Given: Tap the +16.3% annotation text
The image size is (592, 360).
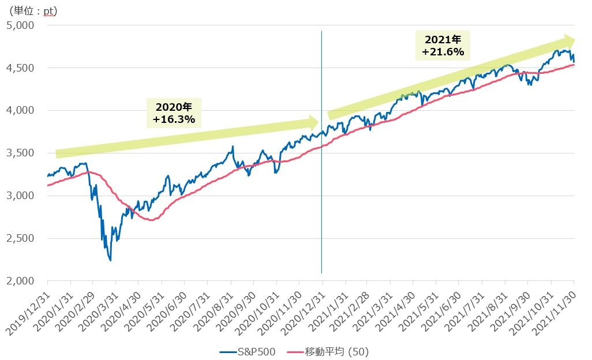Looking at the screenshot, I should tap(175, 119).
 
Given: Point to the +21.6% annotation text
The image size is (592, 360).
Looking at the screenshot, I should tap(443, 52).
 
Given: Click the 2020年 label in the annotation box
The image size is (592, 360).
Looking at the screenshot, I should tap(175, 107).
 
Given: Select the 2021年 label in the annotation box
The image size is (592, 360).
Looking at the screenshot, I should tap(443, 40).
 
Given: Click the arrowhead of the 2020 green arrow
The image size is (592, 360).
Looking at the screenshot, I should tap(313, 122).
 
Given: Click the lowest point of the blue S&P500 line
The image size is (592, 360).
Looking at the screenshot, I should tap(110, 260).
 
